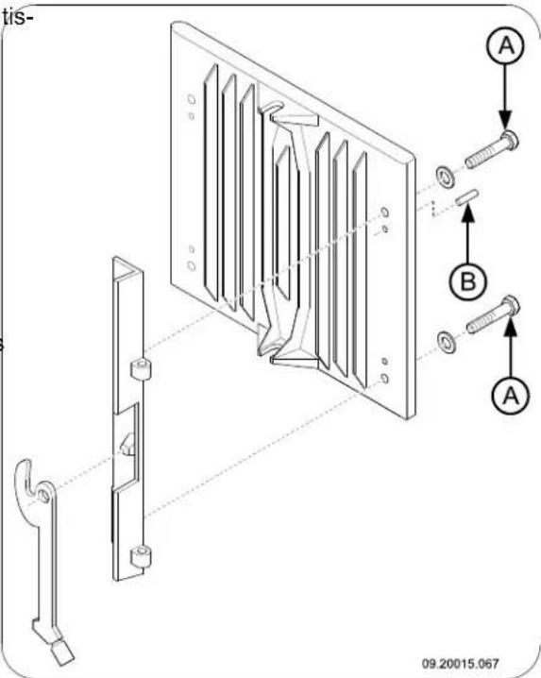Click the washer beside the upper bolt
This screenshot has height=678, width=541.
pyautogui.click(x=443, y=175)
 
